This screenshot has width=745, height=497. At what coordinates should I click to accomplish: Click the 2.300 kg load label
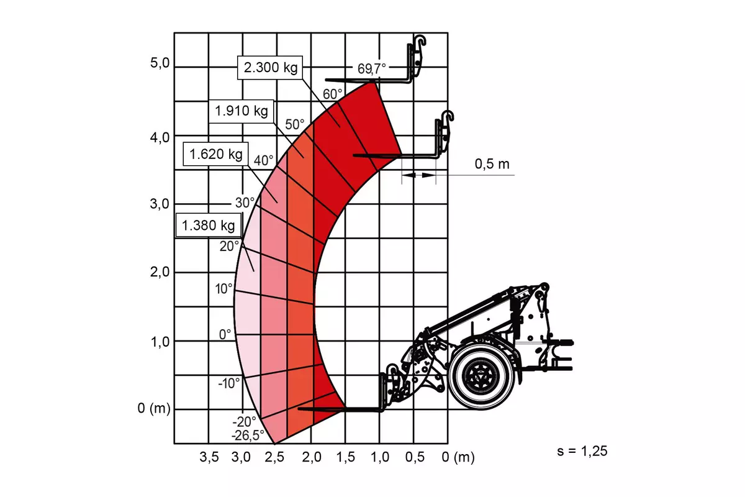(270, 68)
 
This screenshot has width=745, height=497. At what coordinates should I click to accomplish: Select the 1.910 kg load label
(241, 111)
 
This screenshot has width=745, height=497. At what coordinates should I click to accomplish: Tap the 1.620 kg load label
(215, 154)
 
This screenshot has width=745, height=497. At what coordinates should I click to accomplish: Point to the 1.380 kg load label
(208, 226)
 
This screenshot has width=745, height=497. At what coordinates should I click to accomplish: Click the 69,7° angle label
(371, 69)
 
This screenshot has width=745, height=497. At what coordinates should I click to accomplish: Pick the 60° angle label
(332, 94)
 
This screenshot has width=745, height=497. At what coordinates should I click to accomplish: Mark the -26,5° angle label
(248, 435)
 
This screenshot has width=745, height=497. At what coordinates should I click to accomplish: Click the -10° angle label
(229, 383)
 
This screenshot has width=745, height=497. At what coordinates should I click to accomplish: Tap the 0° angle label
(225, 335)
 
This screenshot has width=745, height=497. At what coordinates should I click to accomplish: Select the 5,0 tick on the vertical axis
(160, 63)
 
